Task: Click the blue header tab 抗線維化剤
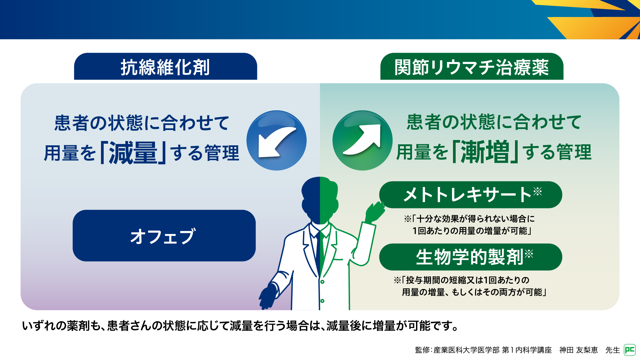[x=165, y=66]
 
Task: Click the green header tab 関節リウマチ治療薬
[x=472, y=66]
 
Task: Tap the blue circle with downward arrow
[x=276, y=140]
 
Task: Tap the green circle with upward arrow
[x=362, y=140]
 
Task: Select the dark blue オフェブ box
[x=164, y=236]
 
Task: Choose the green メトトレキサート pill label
[x=471, y=195]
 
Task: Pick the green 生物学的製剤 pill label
[x=471, y=257]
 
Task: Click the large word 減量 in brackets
[x=133, y=153]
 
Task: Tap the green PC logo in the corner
[x=630, y=350]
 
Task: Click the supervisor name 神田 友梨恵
[x=578, y=350]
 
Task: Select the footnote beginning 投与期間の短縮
[x=470, y=286]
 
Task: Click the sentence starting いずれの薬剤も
[x=240, y=326]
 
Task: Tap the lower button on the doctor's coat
[x=322, y=301]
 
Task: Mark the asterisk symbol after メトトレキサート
[x=537, y=191]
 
